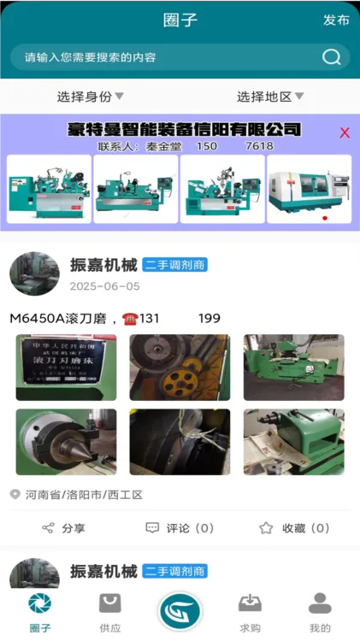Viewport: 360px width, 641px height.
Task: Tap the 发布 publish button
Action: [x=336, y=21]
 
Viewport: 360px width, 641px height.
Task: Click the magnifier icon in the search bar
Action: [x=331, y=57]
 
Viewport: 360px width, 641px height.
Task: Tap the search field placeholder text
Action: [x=91, y=58]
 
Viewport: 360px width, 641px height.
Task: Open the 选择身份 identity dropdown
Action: [x=90, y=97]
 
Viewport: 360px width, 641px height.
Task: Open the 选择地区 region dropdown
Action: [x=269, y=97]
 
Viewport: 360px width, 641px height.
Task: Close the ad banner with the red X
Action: [x=345, y=132]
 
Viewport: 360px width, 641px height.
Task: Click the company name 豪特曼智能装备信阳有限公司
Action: [x=184, y=130]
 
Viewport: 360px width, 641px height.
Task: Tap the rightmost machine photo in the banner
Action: [x=309, y=189]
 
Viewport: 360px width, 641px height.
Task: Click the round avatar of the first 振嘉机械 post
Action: [x=34, y=274]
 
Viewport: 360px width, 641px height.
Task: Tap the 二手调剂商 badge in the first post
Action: [x=175, y=265]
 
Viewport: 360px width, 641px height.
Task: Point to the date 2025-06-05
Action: [x=104, y=286]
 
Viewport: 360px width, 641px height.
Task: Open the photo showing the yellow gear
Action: [x=180, y=368]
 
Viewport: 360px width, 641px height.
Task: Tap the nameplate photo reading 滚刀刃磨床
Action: [x=66, y=368]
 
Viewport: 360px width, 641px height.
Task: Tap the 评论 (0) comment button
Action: [x=180, y=528]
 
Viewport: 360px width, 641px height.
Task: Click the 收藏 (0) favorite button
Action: [x=294, y=528]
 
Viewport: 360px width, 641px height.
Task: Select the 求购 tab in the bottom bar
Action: [x=250, y=613]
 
